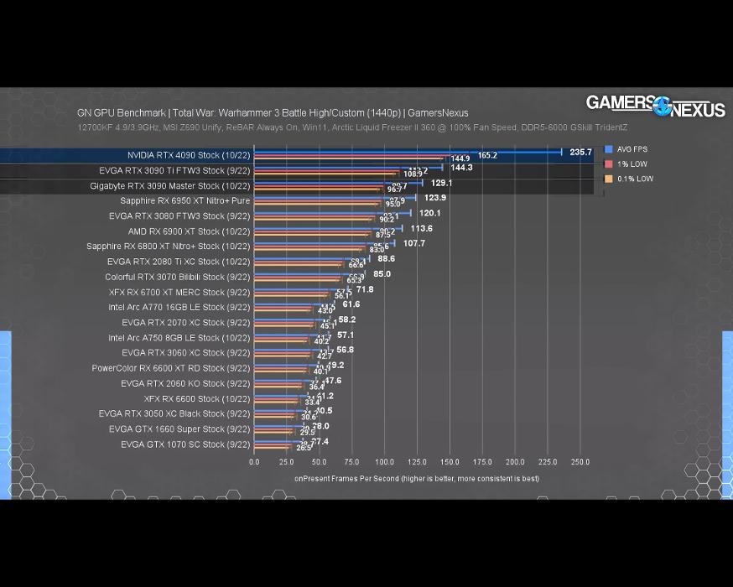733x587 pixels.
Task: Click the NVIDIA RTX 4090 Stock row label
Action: click(189, 155)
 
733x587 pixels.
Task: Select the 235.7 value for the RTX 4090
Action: click(580, 153)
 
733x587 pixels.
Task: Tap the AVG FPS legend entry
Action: click(632, 149)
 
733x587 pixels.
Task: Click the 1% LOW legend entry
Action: click(632, 164)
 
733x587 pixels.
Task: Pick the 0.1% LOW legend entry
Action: click(634, 179)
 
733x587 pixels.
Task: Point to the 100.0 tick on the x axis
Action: click(384, 462)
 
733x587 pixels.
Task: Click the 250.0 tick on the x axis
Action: click(580, 462)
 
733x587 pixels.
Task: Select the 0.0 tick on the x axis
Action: click(254, 462)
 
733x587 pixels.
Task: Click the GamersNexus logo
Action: click(655, 106)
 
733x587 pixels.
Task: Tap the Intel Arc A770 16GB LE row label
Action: click(179, 308)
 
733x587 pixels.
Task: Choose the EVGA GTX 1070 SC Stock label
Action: click(185, 444)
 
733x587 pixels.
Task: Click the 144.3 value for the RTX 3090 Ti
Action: click(462, 168)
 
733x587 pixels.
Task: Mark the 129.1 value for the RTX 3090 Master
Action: click(441, 183)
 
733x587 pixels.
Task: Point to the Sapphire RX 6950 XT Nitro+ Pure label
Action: click(185, 201)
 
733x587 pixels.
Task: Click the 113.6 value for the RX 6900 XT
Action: click(421, 228)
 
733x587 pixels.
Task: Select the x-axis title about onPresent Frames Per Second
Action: click(416, 479)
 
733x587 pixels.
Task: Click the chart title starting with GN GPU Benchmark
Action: click(273, 113)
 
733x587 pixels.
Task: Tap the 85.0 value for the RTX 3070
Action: click(382, 274)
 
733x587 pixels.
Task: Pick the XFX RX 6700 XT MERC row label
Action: click(179, 293)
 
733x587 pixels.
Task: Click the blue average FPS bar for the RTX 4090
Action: click(408, 152)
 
